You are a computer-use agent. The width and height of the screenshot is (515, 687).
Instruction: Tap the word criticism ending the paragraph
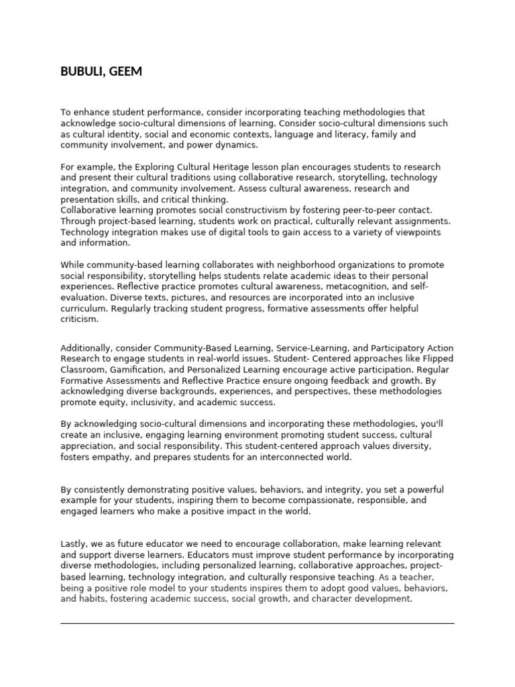(x=79, y=319)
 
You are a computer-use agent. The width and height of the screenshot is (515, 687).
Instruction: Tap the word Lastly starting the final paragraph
(x=74, y=544)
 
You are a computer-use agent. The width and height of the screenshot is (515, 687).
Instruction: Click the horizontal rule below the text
(x=257, y=623)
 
